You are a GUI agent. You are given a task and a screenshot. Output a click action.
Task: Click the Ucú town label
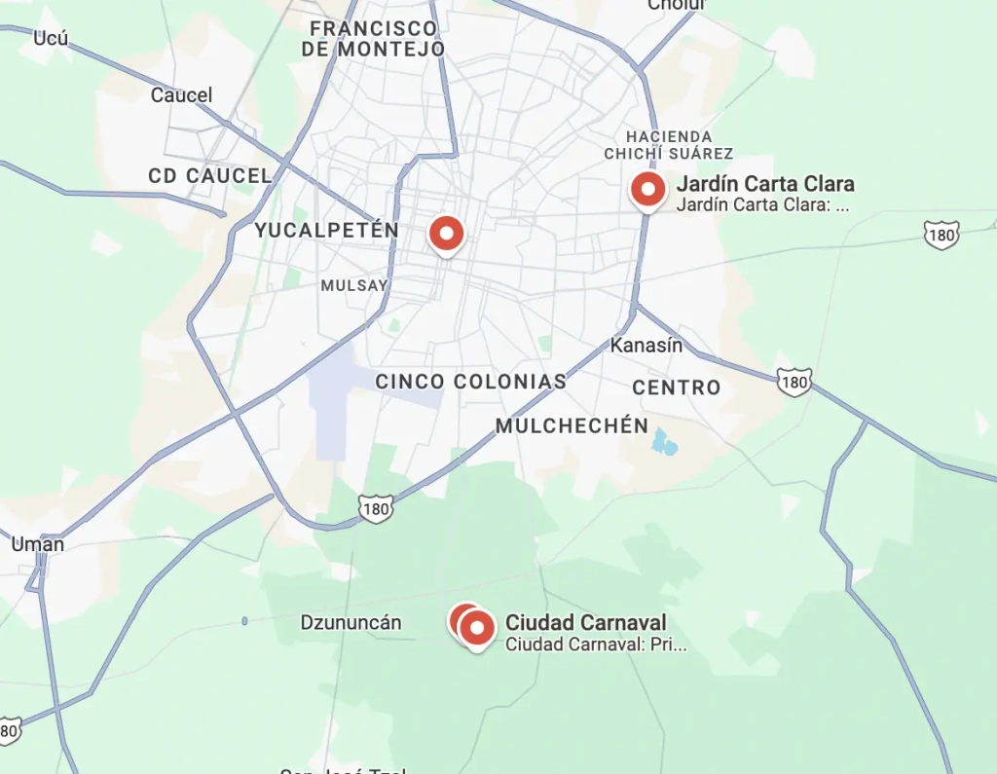[51, 38]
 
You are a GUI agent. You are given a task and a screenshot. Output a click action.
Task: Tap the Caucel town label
[181, 95]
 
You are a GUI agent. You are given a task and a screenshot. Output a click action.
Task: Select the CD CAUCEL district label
[209, 176]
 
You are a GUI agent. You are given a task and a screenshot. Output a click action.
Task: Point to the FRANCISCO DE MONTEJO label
[373, 38]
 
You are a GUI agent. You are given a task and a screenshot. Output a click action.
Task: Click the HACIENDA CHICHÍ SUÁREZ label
[669, 145]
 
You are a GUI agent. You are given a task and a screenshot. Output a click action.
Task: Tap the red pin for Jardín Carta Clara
[647, 189]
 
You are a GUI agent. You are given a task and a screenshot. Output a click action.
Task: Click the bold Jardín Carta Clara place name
[765, 184]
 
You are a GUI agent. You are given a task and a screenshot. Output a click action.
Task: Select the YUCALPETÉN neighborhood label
[326, 231]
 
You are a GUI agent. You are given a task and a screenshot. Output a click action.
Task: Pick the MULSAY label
[354, 285]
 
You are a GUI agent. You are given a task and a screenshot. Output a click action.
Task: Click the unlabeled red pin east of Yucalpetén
[446, 234]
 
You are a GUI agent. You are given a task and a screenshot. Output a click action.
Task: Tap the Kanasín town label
[646, 345]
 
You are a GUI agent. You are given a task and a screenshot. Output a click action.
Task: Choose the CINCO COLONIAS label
[471, 382]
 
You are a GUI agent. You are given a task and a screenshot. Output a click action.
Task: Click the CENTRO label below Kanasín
[677, 387]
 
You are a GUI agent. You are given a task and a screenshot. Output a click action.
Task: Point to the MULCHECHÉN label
[572, 425]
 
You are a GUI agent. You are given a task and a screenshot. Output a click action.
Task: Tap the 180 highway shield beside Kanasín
[794, 382]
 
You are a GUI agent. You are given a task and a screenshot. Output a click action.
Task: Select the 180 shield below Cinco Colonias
[375, 507]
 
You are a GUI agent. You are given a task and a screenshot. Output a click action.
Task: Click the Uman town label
[38, 544]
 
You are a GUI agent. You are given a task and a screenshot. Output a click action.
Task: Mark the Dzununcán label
[351, 623]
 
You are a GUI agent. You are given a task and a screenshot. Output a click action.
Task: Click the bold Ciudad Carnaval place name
[585, 623]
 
